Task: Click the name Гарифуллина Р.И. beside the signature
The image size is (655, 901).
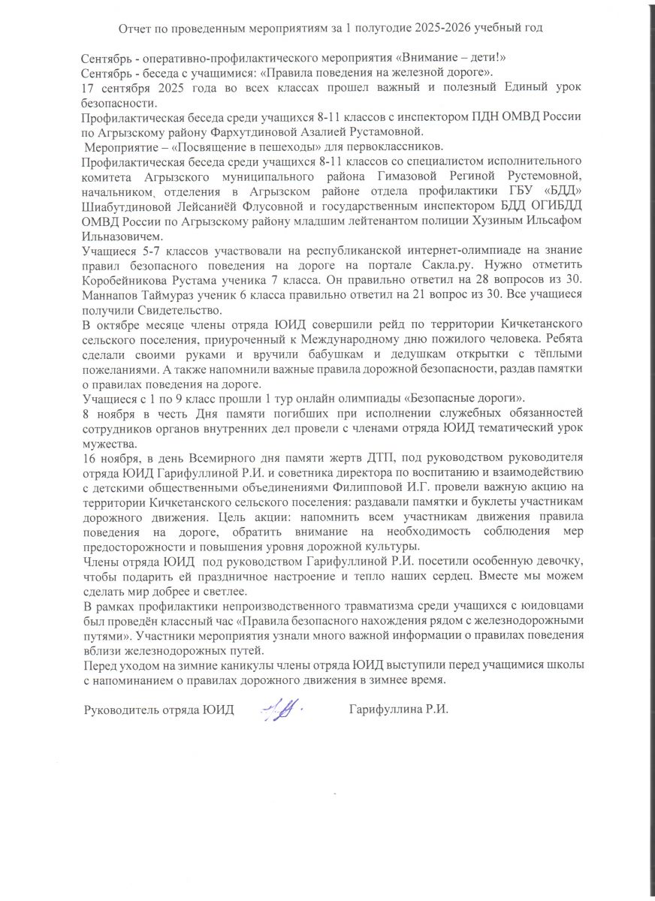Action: tap(399, 710)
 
